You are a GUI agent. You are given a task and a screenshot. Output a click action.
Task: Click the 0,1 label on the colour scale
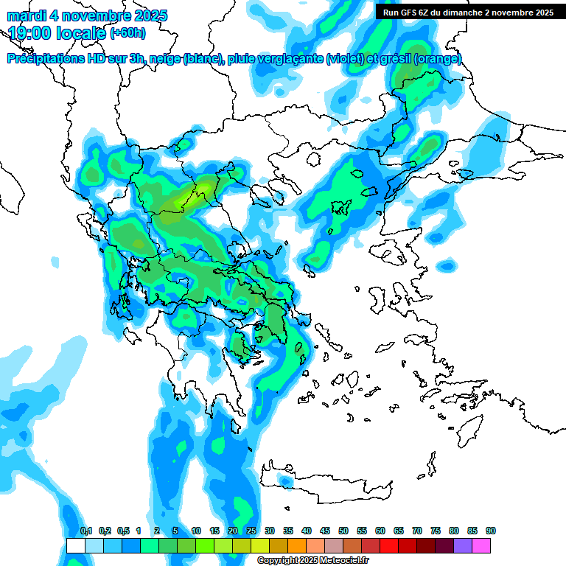86,531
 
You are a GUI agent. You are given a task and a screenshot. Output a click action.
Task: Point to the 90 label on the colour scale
491,531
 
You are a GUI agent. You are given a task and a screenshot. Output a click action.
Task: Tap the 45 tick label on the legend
325,531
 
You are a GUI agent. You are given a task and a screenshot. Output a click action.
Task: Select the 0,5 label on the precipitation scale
123,531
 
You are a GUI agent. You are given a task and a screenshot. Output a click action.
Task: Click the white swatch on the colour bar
75,545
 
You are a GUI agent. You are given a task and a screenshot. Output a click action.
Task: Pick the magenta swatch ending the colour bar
482,545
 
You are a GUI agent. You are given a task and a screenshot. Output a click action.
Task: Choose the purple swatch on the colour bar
464,545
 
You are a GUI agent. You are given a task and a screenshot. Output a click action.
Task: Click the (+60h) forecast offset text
127,33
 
